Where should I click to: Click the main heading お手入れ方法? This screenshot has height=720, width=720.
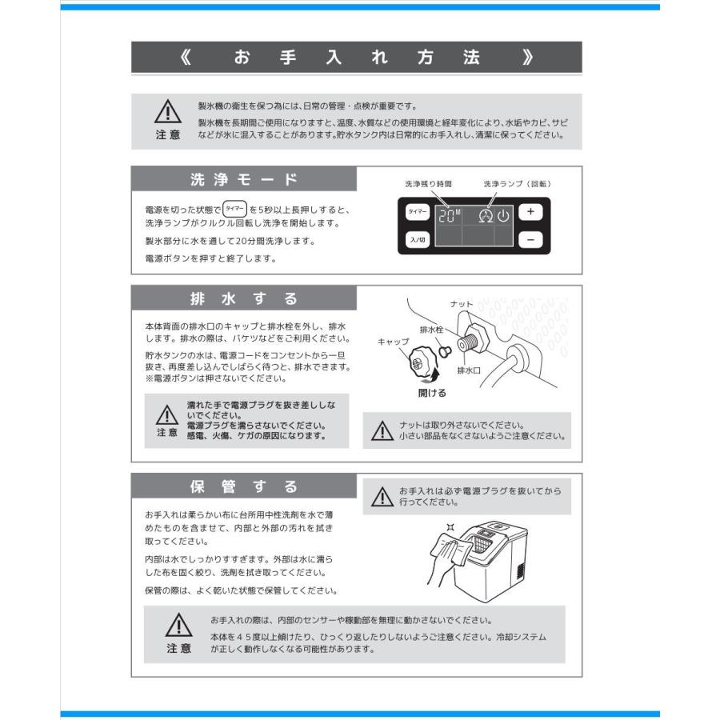click(x=357, y=58)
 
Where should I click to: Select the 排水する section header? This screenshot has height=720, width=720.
click(x=244, y=299)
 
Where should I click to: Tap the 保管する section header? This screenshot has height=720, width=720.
click(x=244, y=486)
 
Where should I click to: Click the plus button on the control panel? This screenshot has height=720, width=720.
click(x=530, y=212)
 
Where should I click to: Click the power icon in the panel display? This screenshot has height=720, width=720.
click(x=502, y=215)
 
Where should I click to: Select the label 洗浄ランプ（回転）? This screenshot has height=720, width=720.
click(x=517, y=184)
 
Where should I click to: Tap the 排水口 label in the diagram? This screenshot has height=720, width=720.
click(x=467, y=371)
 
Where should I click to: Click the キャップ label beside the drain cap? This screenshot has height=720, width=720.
click(x=393, y=341)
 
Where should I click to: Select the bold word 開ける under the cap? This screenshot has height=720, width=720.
click(x=432, y=393)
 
